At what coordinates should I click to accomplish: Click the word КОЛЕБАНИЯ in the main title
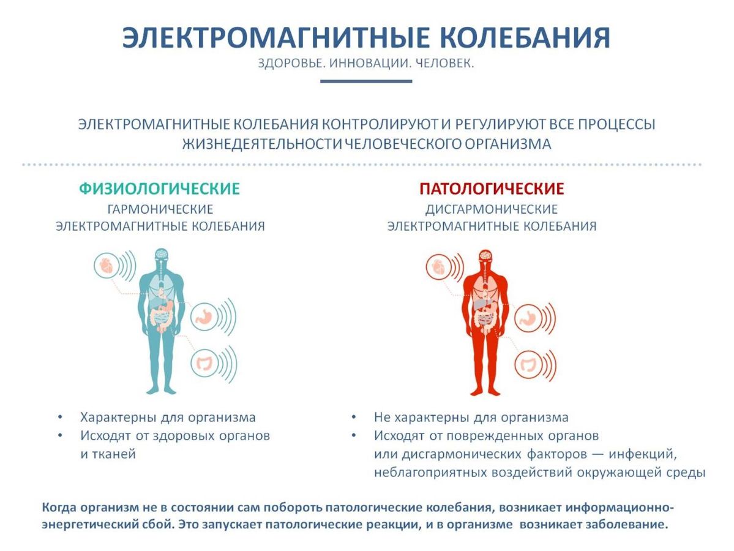[526, 37]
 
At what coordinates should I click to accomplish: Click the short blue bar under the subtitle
[366, 81]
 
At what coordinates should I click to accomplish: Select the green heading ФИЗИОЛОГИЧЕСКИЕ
[159, 189]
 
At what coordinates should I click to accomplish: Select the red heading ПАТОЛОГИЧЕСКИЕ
[492, 189]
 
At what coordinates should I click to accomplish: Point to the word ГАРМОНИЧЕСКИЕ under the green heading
[160, 209]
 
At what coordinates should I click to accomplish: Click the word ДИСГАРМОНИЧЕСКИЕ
[492, 209]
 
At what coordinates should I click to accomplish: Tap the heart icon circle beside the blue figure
[107, 266]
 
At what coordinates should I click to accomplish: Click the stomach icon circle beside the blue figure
[204, 317]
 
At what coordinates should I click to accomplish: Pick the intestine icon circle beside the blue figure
[204, 363]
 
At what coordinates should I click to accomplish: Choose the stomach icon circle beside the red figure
[528, 318]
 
